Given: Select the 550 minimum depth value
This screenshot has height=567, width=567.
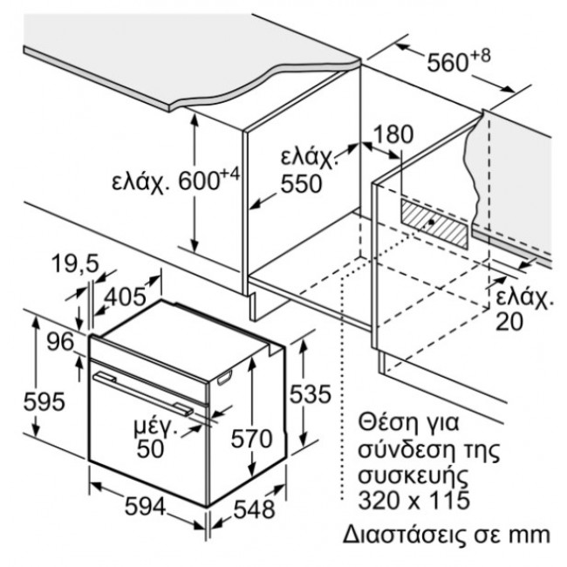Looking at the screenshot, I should [301, 184].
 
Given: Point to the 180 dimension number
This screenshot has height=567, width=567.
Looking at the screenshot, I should [393, 135].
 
